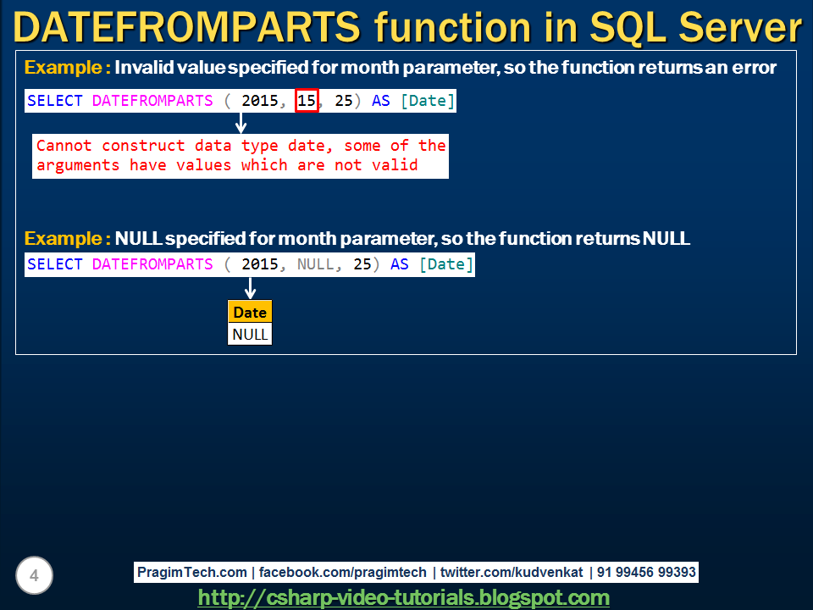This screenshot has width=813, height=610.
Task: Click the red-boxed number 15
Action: (306, 101)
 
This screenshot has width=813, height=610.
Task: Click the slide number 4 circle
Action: (34, 576)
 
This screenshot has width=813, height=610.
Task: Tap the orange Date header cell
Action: (250, 313)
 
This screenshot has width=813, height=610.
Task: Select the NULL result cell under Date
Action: (250, 334)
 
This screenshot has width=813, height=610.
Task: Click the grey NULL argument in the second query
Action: (316, 264)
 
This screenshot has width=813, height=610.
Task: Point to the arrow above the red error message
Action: (241, 123)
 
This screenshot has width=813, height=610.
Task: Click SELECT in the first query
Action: (55, 101)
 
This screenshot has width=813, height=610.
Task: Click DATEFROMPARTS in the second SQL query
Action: (152, 264)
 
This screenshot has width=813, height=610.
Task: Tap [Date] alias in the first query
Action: (428, 101)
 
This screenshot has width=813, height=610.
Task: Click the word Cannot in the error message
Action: (64, 146)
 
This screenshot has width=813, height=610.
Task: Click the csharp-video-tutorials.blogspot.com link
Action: (403, 598)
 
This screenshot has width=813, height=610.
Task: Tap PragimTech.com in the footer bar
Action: (192, 573)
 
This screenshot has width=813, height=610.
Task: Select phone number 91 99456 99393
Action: (646, 573)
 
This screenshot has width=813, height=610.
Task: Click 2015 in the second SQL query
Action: (259, 264)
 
